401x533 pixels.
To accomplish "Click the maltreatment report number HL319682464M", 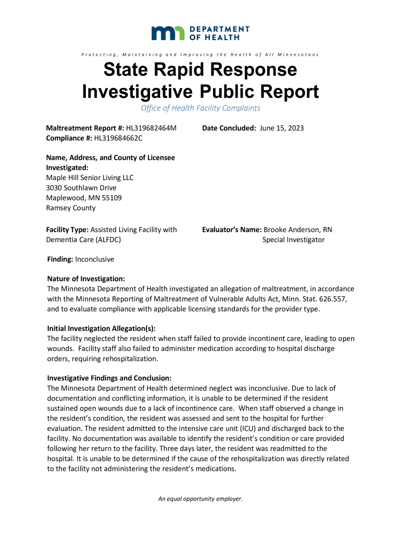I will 152,128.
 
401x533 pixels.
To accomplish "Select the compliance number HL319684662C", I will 118,138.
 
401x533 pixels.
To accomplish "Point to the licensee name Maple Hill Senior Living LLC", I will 90,177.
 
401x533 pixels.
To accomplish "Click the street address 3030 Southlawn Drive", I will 81,187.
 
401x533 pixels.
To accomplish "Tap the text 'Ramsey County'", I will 71,208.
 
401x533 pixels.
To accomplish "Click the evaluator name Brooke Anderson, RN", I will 298,230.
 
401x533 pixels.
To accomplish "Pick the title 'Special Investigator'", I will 293,239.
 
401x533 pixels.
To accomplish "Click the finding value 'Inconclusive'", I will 95,259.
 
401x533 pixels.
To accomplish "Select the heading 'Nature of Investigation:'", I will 86,279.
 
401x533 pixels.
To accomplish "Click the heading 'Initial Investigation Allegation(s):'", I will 102,328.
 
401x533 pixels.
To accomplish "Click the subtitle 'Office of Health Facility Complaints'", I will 200,108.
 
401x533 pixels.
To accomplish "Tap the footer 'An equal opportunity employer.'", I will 200,499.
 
